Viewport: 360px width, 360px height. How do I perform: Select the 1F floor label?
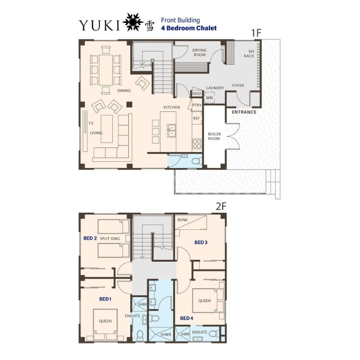click(256, 33)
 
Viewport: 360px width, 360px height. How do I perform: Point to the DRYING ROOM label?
click(199, 52)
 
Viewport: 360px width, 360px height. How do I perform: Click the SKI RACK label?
click(249, 53)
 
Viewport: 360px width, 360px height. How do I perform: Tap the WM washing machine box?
click(209, 97)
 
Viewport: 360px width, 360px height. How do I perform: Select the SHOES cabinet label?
click(197, 94)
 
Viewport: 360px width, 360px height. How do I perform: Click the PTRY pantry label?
click(197, 105)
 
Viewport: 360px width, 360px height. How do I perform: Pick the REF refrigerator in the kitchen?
click(196, 118)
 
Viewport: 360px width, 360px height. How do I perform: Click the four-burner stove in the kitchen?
click(197, 144)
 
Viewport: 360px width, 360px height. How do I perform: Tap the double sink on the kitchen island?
click(171, 131)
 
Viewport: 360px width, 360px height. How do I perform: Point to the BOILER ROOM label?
click(214, 136)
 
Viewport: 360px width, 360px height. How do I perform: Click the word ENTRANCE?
click(244, 112)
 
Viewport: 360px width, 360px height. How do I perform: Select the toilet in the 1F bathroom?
click(196, 161)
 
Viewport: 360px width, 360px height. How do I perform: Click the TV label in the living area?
click(91, 123)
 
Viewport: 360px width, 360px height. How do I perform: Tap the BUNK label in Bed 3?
click(182, 220)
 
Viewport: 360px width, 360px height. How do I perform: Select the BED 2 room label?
click(90, 238)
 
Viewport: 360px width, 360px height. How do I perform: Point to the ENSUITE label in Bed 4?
click(200, 332)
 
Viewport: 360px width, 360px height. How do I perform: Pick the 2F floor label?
click(221, 206)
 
